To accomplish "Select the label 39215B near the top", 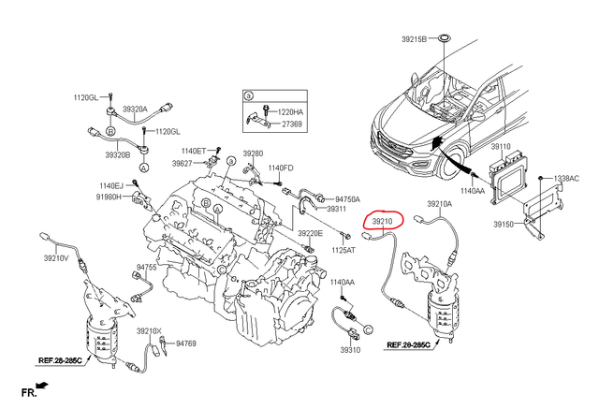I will point(414,38).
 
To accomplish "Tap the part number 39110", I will point(502,147).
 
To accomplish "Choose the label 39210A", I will point(440,203).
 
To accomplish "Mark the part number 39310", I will point(350,349).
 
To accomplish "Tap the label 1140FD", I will point(281,168).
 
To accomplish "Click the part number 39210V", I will point(57,257).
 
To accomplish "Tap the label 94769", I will point(185,344).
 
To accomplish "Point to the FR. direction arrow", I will point(39,385).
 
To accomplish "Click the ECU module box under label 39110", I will point(506,175).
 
